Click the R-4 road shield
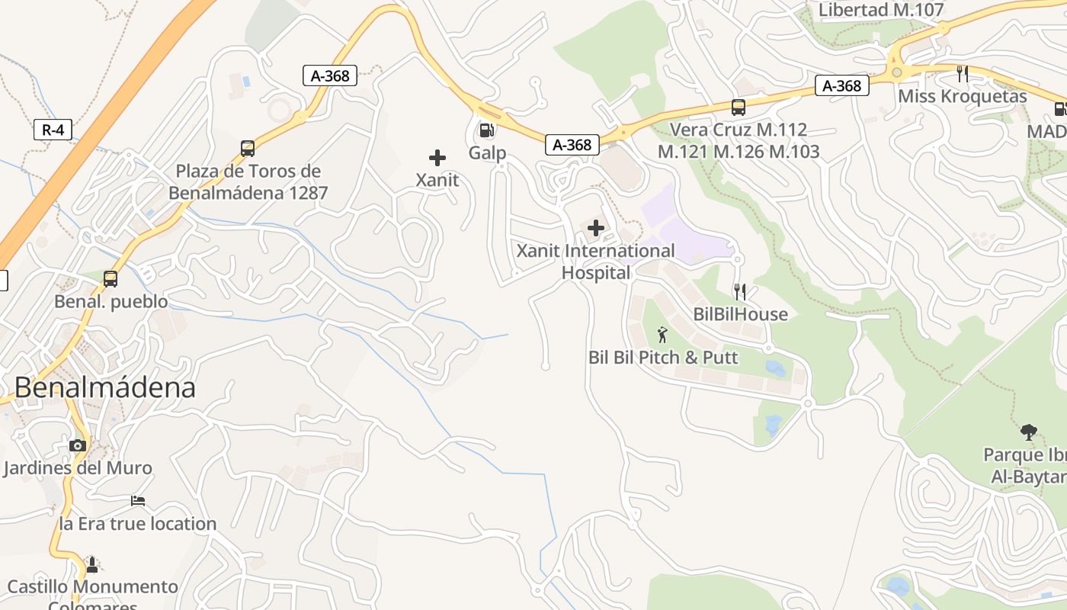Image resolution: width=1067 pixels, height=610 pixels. [x=53, y=130]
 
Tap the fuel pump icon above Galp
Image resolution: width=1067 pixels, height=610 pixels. [x=486, y=130]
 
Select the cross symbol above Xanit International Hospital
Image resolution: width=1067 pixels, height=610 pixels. [x=596, y=228]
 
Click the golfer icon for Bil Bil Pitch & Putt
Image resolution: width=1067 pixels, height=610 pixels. [x=662, y=335]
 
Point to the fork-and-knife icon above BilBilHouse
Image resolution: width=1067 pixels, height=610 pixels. [x=739, y=291]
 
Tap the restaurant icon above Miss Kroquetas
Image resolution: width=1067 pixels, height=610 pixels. [x=963, y=74]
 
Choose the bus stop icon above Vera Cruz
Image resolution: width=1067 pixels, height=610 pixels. [x=738, y=108]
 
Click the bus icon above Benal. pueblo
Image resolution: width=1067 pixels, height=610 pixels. [x=111, y=279]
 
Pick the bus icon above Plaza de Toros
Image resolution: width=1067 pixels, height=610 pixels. [x=248, y=149]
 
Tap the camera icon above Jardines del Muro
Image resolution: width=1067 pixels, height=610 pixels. [x=77, y=445]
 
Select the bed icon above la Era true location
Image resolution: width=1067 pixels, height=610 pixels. [x=138, y=501]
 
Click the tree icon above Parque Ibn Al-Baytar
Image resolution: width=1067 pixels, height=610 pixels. [x=1029, y=432]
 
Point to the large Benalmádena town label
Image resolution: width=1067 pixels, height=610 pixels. [x=105, y=387]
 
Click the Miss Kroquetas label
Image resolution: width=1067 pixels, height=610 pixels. [x=962, y=97]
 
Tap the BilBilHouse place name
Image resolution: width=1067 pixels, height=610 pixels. [x=740, y=314]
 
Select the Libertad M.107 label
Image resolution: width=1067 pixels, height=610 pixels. [x=881, y=10]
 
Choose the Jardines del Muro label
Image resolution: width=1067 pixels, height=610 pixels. [x=78, y=468]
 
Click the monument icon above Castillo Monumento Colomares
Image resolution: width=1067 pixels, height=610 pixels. [x=92, y=564]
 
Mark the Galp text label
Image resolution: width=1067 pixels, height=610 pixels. [x=487, y=153]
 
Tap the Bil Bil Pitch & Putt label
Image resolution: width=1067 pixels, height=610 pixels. [x=663, y=358]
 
